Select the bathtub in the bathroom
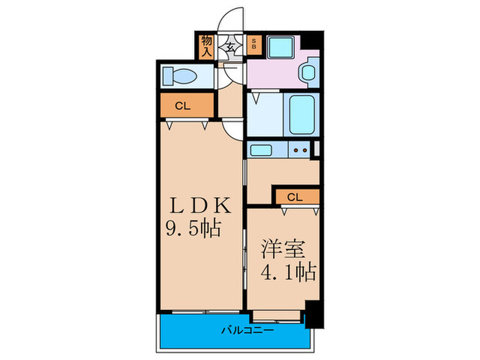coord(302,114)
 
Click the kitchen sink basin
coord(261,150)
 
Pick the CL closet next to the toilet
coord(182,106)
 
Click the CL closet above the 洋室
coord(296,197)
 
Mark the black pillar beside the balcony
coord(313,314)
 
